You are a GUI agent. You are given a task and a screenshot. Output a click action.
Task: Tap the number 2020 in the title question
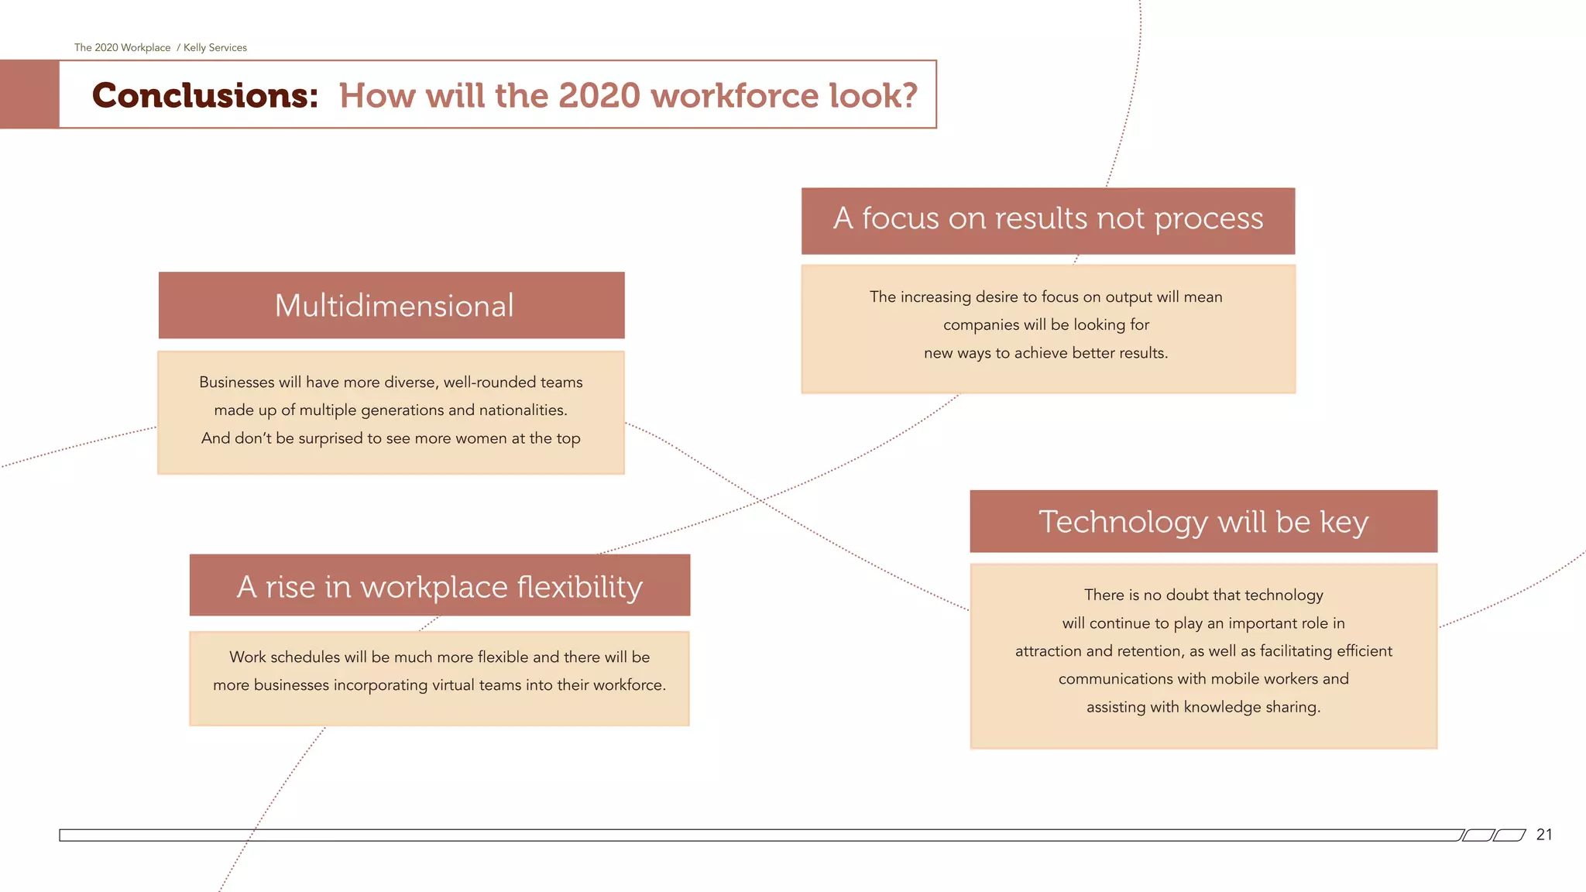tap(599, 96)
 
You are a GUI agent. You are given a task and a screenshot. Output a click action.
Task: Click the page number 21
tap(1544, 835)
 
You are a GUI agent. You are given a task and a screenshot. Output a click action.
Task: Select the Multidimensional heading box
tap(392, 305)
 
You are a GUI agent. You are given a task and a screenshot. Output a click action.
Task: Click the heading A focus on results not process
tap(1048, 219)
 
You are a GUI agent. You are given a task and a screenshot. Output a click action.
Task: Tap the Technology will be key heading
tap(1203, 522)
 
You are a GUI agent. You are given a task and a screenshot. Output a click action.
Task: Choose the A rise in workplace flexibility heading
tap(439, 586)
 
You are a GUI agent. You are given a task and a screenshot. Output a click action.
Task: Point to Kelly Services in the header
tap(215, 48)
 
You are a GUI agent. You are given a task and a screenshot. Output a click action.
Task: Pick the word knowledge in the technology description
tap(1222, 707)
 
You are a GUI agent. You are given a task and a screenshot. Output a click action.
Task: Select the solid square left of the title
tap(29, 94)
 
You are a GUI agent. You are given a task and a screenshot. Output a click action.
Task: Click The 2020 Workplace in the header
tap(122, 48)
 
